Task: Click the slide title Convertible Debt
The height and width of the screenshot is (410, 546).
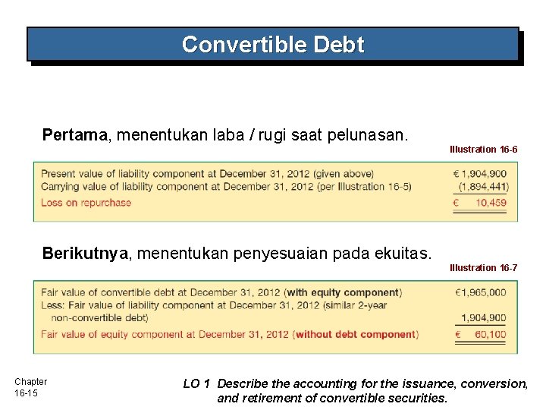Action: (x=273, y=45)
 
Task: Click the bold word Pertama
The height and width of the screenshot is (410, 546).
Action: (x=74, y=135)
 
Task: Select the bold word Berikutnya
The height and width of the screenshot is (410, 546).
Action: (x=85, y=253)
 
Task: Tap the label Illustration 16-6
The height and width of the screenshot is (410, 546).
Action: (x=484, y=150)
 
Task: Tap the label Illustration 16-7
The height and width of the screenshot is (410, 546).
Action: (x=484, y=267)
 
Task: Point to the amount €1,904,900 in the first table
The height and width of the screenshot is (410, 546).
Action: (x=480, y=174)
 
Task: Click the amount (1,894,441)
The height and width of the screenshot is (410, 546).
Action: (x=483, y=187)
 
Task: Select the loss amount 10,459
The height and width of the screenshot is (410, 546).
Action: (x=491, y=203)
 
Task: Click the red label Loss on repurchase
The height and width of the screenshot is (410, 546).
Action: (x=86, y=203)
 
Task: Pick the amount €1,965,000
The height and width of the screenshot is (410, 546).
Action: (x=481, y=292)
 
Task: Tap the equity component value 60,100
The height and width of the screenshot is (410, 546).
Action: (x=491, y=334)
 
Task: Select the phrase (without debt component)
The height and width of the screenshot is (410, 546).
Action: (x=356, y=334)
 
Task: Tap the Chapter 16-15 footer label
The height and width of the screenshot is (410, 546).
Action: (x=30, y=387)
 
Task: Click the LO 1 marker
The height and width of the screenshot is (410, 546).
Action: (x=196, y=384)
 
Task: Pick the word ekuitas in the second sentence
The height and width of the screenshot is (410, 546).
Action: (x=403, y=253)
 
